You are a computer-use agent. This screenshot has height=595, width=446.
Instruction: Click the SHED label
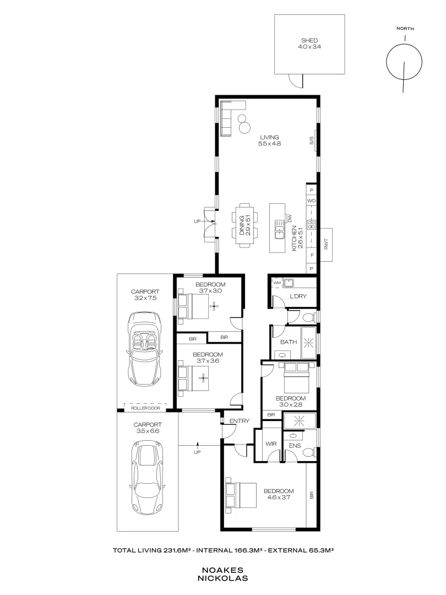[x=309, y=40]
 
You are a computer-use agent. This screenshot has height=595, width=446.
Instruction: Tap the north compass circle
[x=405, y=62]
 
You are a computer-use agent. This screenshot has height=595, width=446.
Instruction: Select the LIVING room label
[x=270, y=137]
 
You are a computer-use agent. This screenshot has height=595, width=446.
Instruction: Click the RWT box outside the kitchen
[x=327, y=244]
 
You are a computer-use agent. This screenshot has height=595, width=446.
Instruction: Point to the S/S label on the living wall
[x=311, y=141]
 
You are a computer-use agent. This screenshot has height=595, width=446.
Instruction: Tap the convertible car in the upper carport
[x=145, y=349]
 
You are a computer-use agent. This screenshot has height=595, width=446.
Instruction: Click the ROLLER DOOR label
[x=145, y=408]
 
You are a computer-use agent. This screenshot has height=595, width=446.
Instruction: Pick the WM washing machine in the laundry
[x=276, y=283]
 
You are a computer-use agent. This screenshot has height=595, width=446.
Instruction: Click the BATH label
[x=289, y=342]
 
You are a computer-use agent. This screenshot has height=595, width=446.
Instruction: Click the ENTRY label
[x=240, y=421]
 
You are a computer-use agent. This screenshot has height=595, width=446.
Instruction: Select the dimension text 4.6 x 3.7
[x=278, y=497]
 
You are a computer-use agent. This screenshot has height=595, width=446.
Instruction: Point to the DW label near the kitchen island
[x=290, y=219]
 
